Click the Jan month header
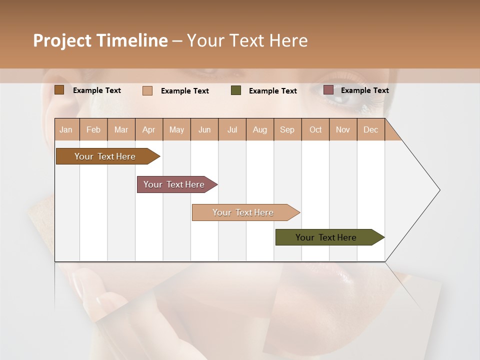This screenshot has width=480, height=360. pos(66,129)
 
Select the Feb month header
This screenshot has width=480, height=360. pos(93,129)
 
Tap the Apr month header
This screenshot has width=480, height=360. pos(149,129)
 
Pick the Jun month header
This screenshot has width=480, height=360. pos(204,129)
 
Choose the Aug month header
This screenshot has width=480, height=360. pos(260,129)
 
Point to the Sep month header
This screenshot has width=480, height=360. pos(287,129)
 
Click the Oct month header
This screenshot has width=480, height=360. pos(315,129)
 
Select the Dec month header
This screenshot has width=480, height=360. pos(371,129)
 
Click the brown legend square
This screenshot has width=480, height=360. pos(59,90)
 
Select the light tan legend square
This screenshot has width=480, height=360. pos(147,90)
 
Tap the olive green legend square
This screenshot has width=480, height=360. pos(236,90)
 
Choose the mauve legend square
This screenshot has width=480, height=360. pos(328,90)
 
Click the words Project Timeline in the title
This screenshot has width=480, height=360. pos(100,40)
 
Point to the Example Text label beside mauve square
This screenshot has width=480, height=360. pos(364,90)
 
